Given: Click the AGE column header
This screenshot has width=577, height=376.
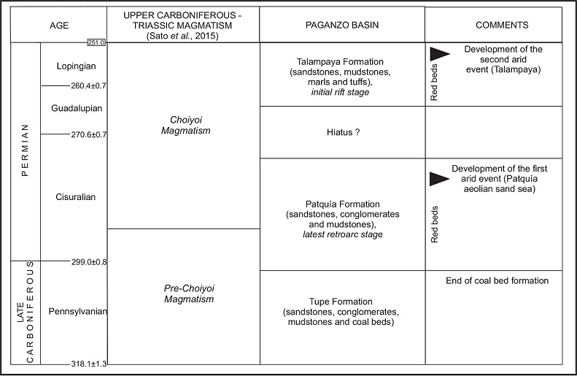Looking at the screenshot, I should point(58,26).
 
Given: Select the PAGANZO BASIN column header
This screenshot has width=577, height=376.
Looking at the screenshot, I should point(341,26).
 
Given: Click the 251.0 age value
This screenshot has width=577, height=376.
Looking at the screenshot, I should point(97,43).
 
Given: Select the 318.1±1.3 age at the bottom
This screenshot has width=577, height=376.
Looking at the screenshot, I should point(89,364).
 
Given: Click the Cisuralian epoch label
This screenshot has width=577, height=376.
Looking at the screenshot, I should point(76,197).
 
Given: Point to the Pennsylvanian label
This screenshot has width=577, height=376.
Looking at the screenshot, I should point(78,312).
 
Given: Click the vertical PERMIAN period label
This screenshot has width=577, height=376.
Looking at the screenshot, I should point(26,150).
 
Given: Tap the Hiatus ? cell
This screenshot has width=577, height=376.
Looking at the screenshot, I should point(341,132).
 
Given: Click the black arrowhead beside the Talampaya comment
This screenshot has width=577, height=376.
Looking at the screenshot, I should point(439,53).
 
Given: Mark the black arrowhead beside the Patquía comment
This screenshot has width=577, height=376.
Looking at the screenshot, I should point(439,179).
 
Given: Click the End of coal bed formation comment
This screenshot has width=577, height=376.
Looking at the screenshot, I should point(497,281).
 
